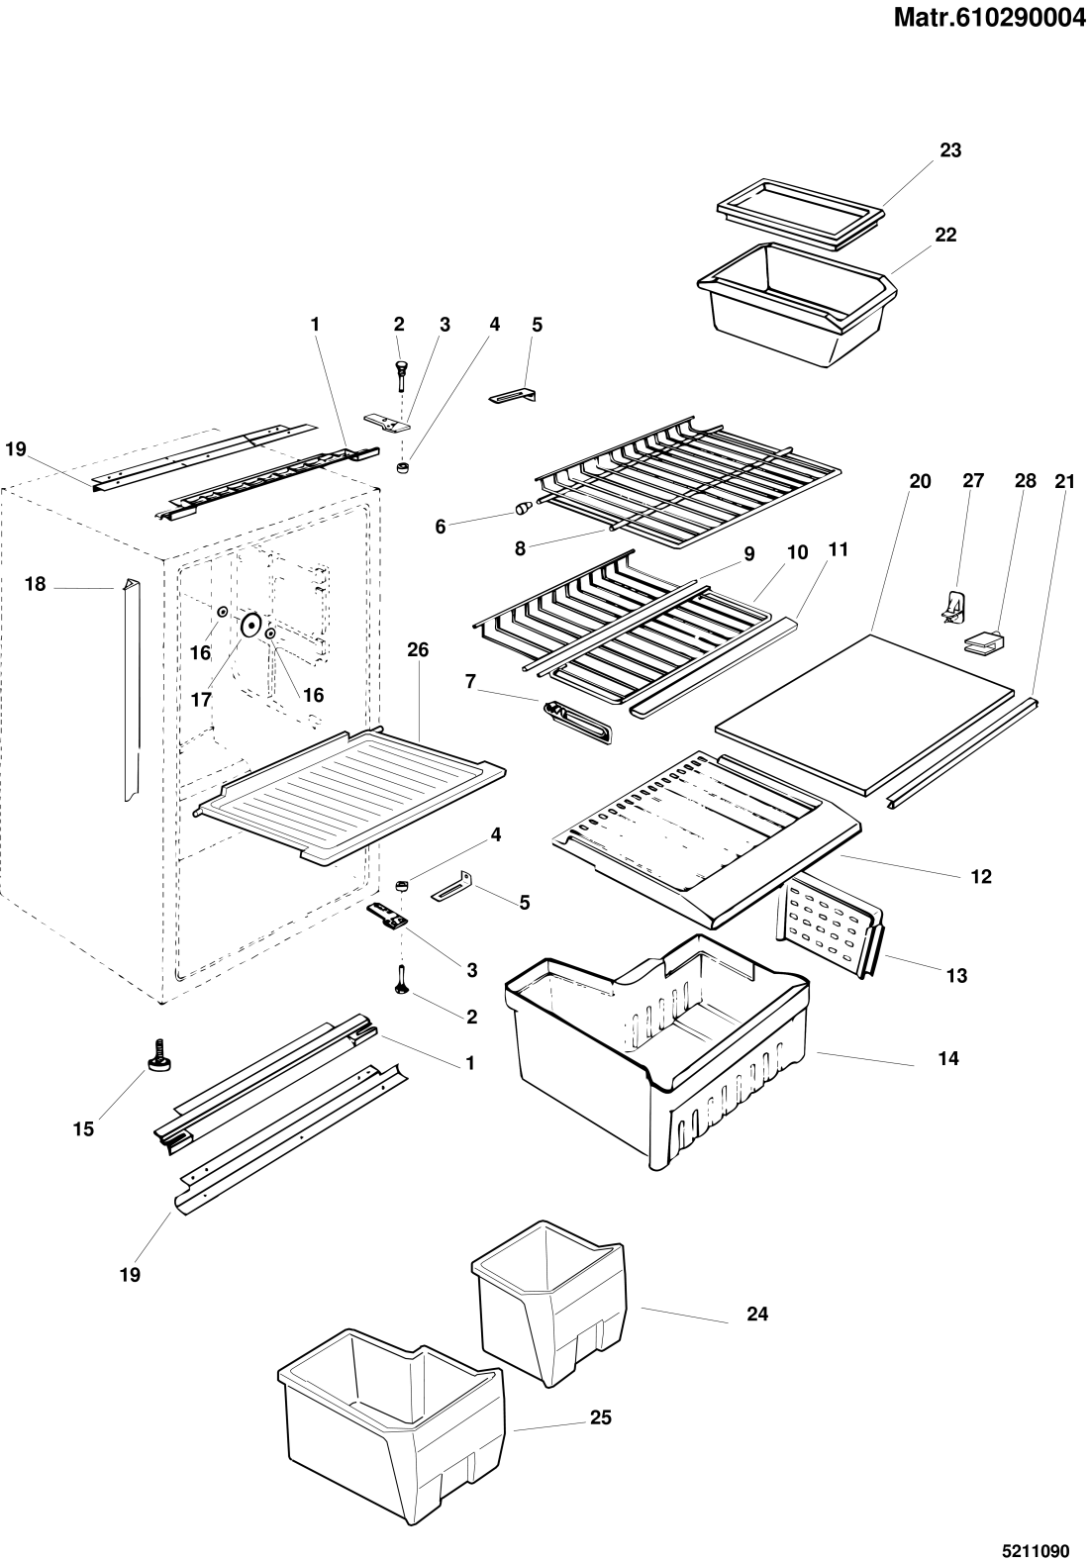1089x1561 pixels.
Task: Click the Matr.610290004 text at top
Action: pyautogui.click(x=989, y=19)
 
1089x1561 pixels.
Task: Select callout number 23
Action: pyautogui.click(x=950, y=149)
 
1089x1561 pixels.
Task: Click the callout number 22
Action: pyautogui.click(x=945, y=235)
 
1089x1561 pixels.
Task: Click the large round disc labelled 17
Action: pyautogui.click(x=250, y=626)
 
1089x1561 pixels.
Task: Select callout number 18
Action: pyautogui.click(x=35, y=584)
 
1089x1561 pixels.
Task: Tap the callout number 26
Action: pyautogui.click(x=418, y=649)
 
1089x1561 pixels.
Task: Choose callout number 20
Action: pyautogui.click(x=921, y=481)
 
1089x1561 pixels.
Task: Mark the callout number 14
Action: pyautogui.click(x=948, y=1058)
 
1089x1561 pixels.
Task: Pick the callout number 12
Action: pyautogui.click(x=981, y=876)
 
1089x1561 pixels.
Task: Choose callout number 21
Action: pyautogui.click(x=1064, y=481)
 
